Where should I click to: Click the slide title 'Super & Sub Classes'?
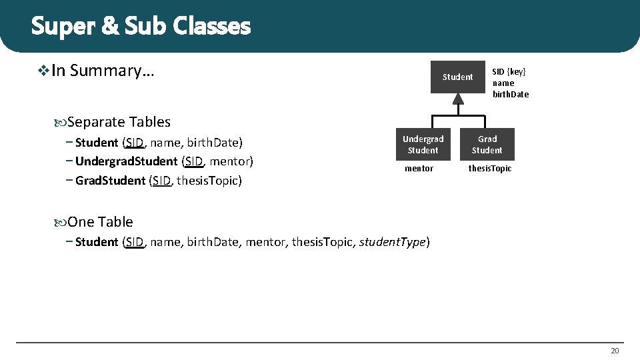pyautogui.click(x=141, y=27)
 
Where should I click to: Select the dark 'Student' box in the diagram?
pyautogui.click(x=457, y=77)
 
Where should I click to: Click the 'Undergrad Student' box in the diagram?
pyautogui.click(x=423, y=145)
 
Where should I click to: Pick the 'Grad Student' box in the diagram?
pyautogui.click(x=487, y=145)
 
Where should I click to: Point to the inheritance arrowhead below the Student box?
pyautogui.click(x=457, y=99)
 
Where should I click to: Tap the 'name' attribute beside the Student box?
pyautogui.click(x=503, y=83)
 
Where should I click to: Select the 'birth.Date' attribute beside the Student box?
pyautogui.click(x=511, y=94)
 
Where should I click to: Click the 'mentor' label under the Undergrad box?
pyautogui.click(x=419, y=169)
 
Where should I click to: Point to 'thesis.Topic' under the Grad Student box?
pyautogui.click(x=489, y=169)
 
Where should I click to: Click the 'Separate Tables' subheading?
pyautogui.click(x=119, y=122)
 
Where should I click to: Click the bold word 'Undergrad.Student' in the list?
pyautogui.click(x=126, y=161)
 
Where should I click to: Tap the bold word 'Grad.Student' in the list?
pyautogui.click(x=110, y=181)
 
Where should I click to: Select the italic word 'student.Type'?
pyautogui.click(x=392, y=242)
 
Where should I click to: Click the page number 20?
pyautogui.click(x=614, y=351)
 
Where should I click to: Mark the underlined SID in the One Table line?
pyautogui.click(x=134, y=242)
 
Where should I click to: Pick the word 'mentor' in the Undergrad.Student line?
pyautogui.click(x=229, y=161)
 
